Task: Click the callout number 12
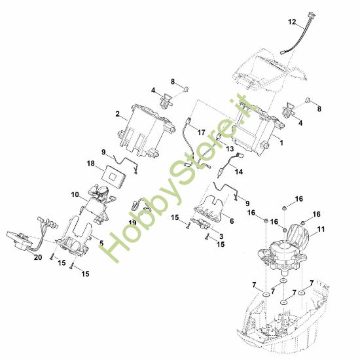pos(292,22)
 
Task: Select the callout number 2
pos(118,114)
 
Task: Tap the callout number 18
pos(91,164)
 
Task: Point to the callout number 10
pos(75,194)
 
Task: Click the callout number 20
pos(38,257)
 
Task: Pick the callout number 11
pos(321,229)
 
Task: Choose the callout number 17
pos(201,132)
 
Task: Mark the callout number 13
pos(230,149)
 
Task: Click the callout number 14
pos(238,171)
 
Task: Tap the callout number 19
pos(132,223)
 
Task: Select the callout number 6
pos(232,221)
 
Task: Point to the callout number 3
pos(221,236)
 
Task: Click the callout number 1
pos(281,143)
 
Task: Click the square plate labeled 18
pos(114,176)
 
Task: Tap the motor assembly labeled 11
pos(284,250)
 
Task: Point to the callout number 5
pos(101,243)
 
